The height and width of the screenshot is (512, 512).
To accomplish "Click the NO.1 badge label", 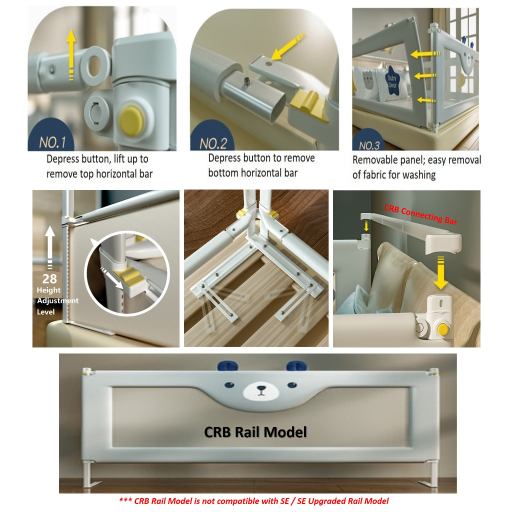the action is [x=52, y=142].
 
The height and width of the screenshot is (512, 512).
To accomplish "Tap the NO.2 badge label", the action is [x=213, y=143].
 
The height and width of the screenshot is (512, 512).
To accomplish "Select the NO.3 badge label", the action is [x=369, y=145].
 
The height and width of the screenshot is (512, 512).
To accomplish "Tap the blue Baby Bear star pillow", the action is [x=392, y=80].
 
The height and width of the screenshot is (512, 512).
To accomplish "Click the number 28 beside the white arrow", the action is [x=49, y=278].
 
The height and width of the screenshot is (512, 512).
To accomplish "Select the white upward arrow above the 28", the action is [x=49, y=247].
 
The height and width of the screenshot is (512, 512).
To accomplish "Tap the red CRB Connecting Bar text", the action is [x=420, y=214].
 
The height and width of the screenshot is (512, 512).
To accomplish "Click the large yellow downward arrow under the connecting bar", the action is [x=440, y=272].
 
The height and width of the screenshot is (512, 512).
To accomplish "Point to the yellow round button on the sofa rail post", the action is [x=442, y=329].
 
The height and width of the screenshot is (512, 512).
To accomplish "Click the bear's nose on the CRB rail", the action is [x=261, y=388].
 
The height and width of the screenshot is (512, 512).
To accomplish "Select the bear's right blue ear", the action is [x=296, y=365].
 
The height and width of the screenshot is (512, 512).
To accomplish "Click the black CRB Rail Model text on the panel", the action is [x=255, y=432].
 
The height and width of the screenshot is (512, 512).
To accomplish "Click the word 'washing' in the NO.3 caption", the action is [x=419, y=175].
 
